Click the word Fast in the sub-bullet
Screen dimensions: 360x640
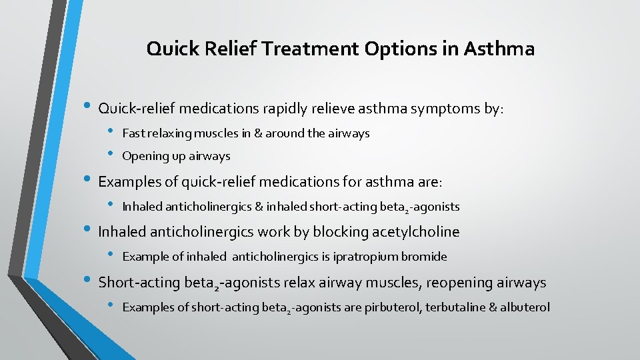(133, 133)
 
